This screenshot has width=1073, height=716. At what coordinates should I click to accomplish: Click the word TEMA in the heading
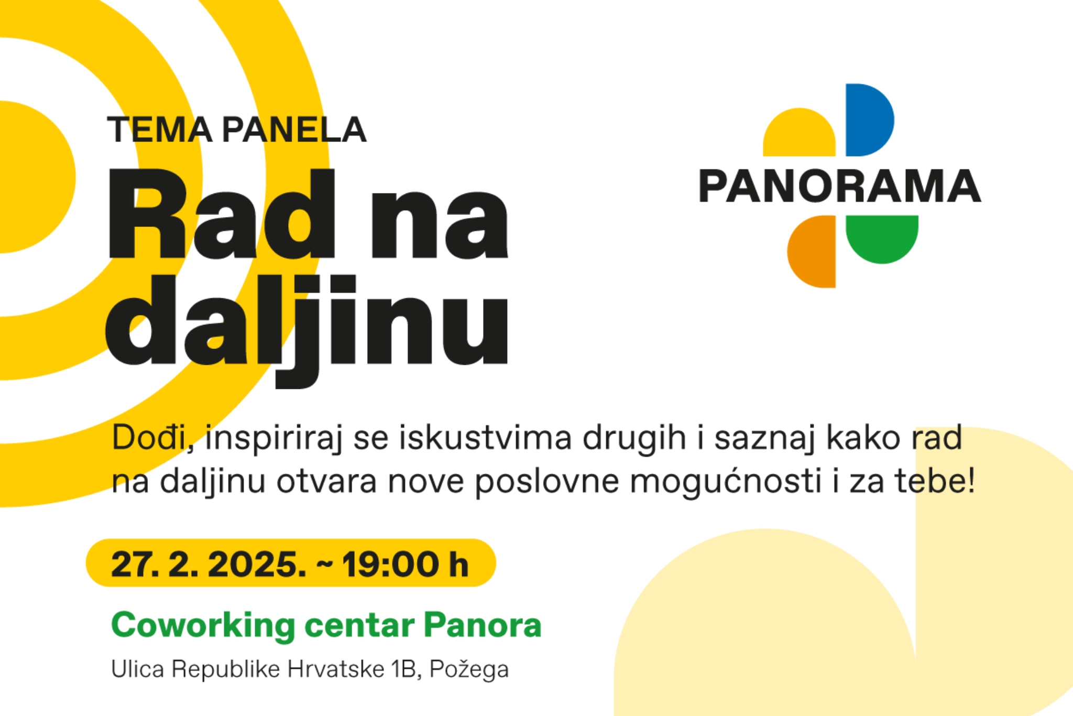point(160,130)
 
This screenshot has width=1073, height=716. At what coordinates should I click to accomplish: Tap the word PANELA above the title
point(294,130)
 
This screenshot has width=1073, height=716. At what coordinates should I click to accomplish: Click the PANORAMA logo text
point(840,186)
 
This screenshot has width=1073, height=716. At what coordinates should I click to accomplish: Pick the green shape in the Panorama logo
point(882,238)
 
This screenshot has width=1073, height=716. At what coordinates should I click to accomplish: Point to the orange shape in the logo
point(812,252)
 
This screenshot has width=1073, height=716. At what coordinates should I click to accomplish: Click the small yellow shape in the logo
point(799,133)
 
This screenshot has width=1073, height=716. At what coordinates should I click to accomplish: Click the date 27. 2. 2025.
point(209,565)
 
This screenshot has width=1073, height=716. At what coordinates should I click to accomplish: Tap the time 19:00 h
point(405,565)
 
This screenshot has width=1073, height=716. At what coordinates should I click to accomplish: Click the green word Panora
point(483,625)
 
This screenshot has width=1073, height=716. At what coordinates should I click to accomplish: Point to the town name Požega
point(469,670)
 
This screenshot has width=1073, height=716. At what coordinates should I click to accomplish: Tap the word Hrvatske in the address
point(336,669)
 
